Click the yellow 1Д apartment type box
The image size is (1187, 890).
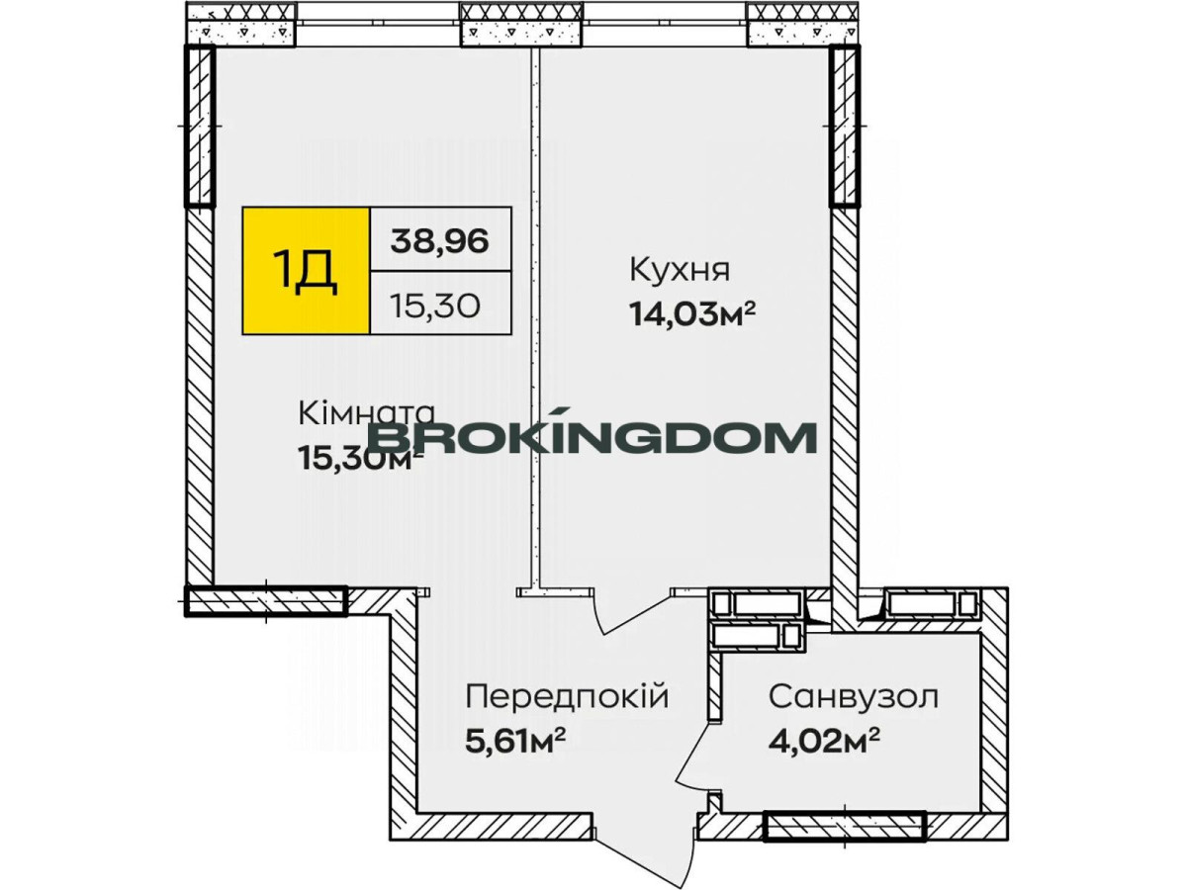click(306, 271)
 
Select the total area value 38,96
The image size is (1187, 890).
click(439, 240)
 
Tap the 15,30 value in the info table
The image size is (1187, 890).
click(436, 307)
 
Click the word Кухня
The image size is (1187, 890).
click(680, 270)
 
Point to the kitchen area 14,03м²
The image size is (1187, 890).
click(691, 313)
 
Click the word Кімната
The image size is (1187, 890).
click(366, 414)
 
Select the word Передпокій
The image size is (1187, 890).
click(567, 696)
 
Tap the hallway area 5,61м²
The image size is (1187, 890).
click(515, 743)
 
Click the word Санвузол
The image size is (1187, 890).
click(854, 697)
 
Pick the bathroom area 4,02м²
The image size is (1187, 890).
click(823, 743)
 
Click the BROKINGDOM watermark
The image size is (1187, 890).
click(594, 437)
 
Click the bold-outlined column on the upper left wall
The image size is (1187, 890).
click(200, 126)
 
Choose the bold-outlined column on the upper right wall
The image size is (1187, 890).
click(844, 126)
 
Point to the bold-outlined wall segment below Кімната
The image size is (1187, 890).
click(265, 601)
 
